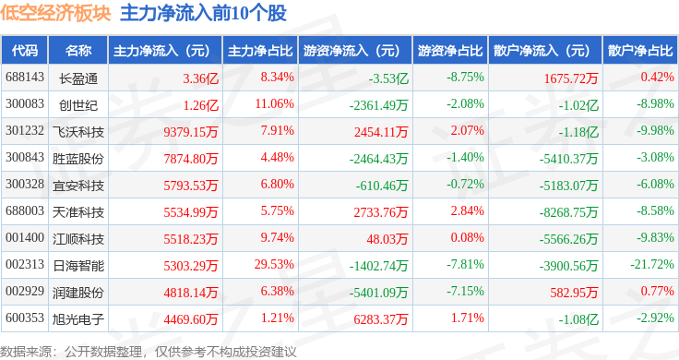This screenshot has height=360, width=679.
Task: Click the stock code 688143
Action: [25, 78]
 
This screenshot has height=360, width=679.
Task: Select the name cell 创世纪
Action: [78, 105]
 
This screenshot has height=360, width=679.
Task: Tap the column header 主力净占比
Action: [260, 51]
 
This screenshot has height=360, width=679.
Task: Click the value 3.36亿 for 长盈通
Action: [200, 78]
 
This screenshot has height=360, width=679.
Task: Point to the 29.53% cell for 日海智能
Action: [274, 264]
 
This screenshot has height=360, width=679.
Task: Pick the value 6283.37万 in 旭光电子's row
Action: [381, 319]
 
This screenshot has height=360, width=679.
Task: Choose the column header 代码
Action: [25, 51]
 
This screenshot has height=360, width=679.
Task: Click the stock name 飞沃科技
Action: [78, 132]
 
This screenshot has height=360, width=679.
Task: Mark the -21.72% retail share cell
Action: [652, 264]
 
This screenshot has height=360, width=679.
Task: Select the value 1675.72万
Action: [571, 78]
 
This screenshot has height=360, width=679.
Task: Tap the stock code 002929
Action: [25, 291]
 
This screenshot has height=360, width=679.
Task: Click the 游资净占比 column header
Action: [450, 51]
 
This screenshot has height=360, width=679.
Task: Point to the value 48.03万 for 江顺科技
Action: [387, 239]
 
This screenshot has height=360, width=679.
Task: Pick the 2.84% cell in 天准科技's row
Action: [467, 211]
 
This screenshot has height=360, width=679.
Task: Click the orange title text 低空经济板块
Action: [55, 13]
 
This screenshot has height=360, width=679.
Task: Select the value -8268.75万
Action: [568, 212]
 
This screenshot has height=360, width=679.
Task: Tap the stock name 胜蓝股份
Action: [78, 159]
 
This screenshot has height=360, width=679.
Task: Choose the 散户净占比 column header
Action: [640, 51]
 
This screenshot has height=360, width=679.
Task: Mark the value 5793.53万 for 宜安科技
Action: [191, 186]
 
